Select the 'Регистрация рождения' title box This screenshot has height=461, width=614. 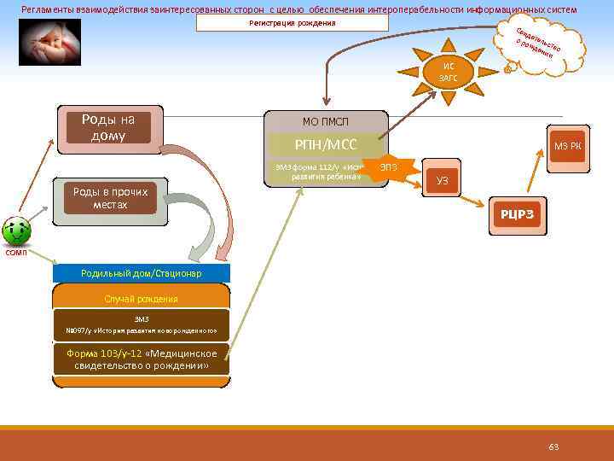[x=292, y=23]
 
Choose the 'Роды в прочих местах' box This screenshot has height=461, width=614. [x=110, y=199]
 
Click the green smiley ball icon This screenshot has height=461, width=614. [x=17, y=229]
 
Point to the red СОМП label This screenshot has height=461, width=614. [x=16, y=253]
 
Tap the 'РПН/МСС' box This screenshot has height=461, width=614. [x=326, y=144]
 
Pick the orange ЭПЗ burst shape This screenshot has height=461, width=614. [x=389, y=166]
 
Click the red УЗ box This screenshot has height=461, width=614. [x=442, y=180]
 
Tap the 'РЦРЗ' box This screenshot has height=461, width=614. [x=517, y=213]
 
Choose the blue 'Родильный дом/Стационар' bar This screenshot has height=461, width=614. [x=141, y=273]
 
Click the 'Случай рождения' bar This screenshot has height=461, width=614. [x=141, y=298]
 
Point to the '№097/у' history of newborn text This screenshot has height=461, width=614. [x=141, y=330]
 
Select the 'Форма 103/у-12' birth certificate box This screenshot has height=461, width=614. [x=141, y=359]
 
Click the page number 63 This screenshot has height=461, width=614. [x=553, y=447]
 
